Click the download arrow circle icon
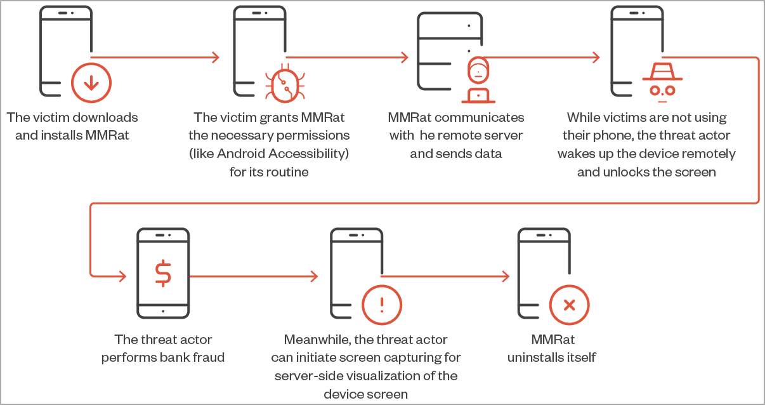[91, 83]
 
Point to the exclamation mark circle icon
[381, 305]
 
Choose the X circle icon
[569, 305]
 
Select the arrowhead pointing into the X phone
[506, 276]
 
